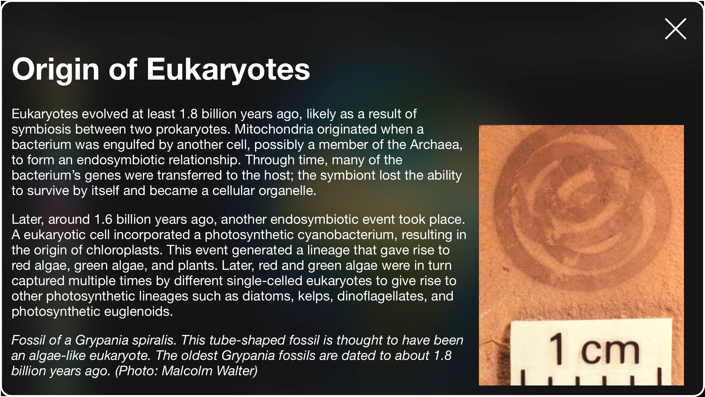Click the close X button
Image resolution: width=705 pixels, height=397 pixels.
pos(675,29)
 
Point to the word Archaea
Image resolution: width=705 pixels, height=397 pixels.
pos(436,145)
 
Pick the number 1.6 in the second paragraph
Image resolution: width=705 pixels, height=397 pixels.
pos(103,220)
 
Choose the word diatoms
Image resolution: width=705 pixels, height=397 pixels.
pos(268,296)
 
